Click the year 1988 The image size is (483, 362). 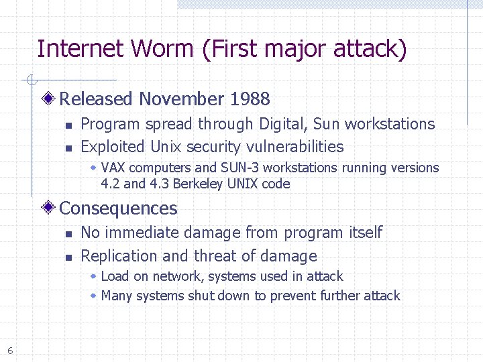[250, 99]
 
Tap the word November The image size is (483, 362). [181, 99]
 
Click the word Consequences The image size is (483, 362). [119, 208]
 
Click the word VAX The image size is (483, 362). [113, 168]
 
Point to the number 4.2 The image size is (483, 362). [110, 184]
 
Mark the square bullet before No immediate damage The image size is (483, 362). [68, 234]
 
